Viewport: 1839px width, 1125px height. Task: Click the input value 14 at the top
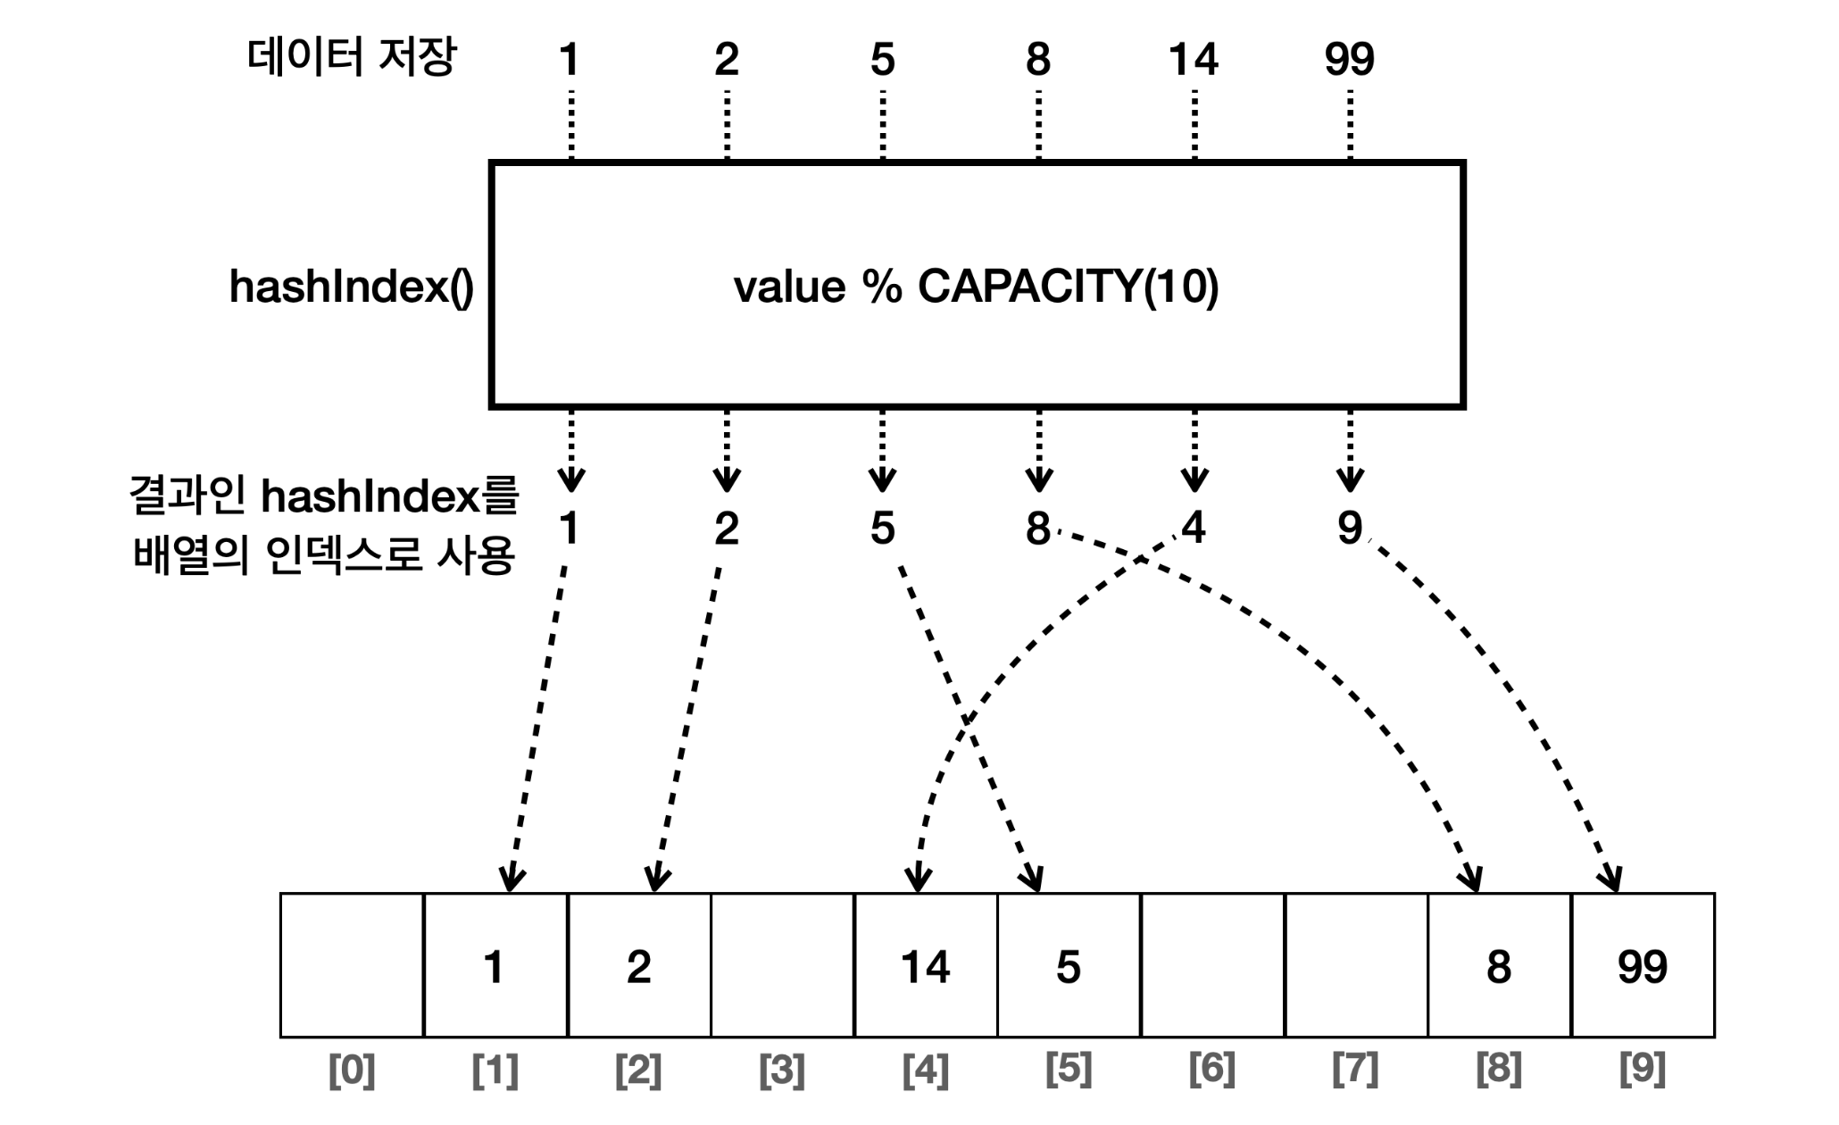click(1193, 60)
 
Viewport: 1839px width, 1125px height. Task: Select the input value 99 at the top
click(1349, 60)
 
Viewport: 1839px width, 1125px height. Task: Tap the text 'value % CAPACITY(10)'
click(976, 287)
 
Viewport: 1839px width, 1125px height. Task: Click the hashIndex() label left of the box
click(351, 287)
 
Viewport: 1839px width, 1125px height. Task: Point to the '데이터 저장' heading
click(351, 58)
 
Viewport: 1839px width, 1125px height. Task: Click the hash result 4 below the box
click(1194, 528)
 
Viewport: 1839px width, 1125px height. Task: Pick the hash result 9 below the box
click(1350, 528)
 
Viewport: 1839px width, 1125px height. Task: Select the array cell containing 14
click(926, 965)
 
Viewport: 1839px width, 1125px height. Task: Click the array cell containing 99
click(1643, 965)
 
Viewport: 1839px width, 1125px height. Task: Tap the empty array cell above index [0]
click(352, 965)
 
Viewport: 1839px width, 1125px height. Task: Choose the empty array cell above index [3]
click(782, 965)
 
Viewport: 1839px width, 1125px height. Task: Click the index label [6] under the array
click(1211, 1069)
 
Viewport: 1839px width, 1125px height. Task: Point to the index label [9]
click(1643, 1069)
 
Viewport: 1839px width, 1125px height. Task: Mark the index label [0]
click(352, 1069)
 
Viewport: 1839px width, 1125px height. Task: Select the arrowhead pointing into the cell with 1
click(512, 879)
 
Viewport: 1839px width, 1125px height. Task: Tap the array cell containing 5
click(1069, 965)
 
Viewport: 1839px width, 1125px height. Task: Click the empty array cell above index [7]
click(1356, 965)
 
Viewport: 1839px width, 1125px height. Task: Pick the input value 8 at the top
click(1037, 60)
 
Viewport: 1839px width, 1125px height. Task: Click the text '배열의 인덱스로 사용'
click(324, 555)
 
